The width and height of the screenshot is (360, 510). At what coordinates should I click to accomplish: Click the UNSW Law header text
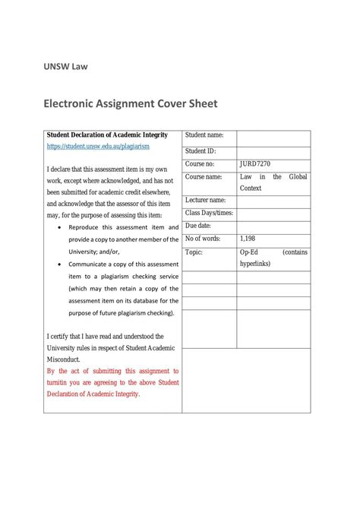(65, 66)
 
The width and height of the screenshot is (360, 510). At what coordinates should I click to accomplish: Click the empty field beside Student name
(273, 137)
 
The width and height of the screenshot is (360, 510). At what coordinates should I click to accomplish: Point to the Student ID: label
(201, 150)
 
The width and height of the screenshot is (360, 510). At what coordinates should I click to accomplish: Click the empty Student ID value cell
(273, 152)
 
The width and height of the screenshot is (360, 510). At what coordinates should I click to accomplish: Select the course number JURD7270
(255, 163)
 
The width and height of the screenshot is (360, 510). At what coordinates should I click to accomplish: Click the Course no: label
(200, 163)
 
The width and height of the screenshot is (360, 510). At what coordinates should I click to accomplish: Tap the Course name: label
(204, 176)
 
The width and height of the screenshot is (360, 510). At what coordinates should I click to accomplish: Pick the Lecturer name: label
(206, 200)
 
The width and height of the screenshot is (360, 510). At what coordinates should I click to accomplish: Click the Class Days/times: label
(209, 213)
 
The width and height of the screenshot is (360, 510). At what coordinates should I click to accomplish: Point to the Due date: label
(198, 226)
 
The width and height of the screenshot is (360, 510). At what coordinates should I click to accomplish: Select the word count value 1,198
(249, 239)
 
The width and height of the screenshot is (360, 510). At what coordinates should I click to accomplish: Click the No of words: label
(203, 239)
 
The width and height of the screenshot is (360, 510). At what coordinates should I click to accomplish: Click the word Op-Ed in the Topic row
(249, 252)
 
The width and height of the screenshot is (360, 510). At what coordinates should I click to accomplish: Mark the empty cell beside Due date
(273, 226)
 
